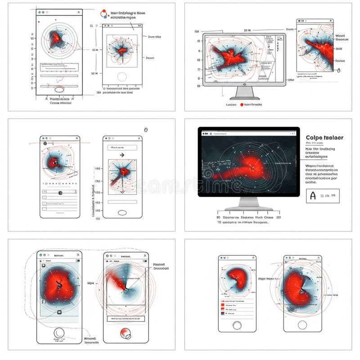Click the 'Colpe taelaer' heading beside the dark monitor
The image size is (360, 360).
tap(324, 138)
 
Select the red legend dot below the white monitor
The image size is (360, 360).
tap(242, 104)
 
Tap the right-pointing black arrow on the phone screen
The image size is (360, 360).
tap(121, 155)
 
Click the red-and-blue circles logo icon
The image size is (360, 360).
tap(104, 14)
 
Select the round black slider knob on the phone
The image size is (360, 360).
tap(60, 192)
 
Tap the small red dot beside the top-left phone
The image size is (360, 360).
tap(39, 22)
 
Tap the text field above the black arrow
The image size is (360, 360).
tap(121, 147)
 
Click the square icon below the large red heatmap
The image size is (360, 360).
tap(59, 312)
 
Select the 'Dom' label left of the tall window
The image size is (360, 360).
tap(289, 29)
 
